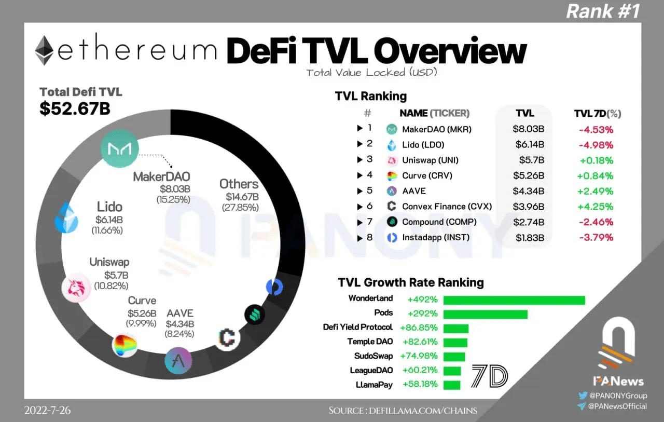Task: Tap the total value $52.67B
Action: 75,108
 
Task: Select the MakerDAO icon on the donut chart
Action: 120,148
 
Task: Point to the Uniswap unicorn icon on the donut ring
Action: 76,287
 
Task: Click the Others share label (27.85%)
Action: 240,208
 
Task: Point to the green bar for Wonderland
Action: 514,300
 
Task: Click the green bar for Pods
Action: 486,314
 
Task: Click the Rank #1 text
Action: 603,11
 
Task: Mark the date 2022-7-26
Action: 47,411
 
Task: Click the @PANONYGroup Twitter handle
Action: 617,396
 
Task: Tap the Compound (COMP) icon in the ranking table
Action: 393,222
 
